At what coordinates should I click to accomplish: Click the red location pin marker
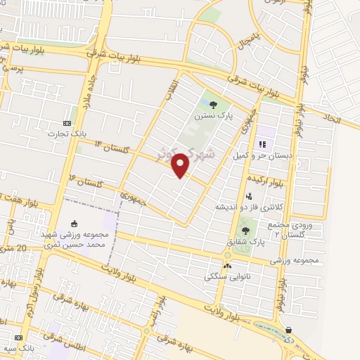(181, 165)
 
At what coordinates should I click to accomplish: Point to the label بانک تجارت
(67, 132)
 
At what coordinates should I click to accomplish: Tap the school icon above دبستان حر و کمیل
(262, 144)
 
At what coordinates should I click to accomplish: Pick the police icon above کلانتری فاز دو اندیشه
(249, 196)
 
